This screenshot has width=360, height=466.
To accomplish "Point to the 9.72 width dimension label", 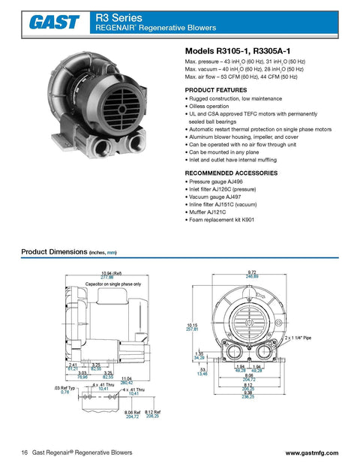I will [251, 272].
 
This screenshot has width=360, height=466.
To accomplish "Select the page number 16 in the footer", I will [25, 453].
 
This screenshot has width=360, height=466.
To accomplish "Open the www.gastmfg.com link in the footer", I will [312, 453].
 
